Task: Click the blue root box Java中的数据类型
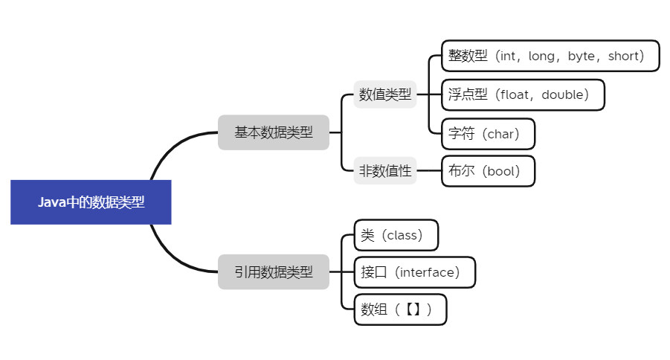[x=91, y=202]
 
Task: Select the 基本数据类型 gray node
[x=273, y=132]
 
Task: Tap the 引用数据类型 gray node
[x=273, y=272]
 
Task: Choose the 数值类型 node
[x=384, y=94]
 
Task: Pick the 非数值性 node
[x=384, y=171]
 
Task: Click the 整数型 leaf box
[x=550, y=56]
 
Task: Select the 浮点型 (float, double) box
[x=522, y=94]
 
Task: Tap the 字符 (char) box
[x=487, y=134]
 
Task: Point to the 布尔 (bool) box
[x=487, y=171]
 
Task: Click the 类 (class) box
[x=396, y=235]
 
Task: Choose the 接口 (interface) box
[x=414, y=272]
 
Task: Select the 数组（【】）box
[x=399, y=309]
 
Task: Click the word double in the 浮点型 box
[x=564, y=94]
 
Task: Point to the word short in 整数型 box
[x=624, y=56]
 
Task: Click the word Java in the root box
[x=52, y=202]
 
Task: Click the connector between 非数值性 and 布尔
[x=428, y=171]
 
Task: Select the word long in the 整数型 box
[x=541, y=56]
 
